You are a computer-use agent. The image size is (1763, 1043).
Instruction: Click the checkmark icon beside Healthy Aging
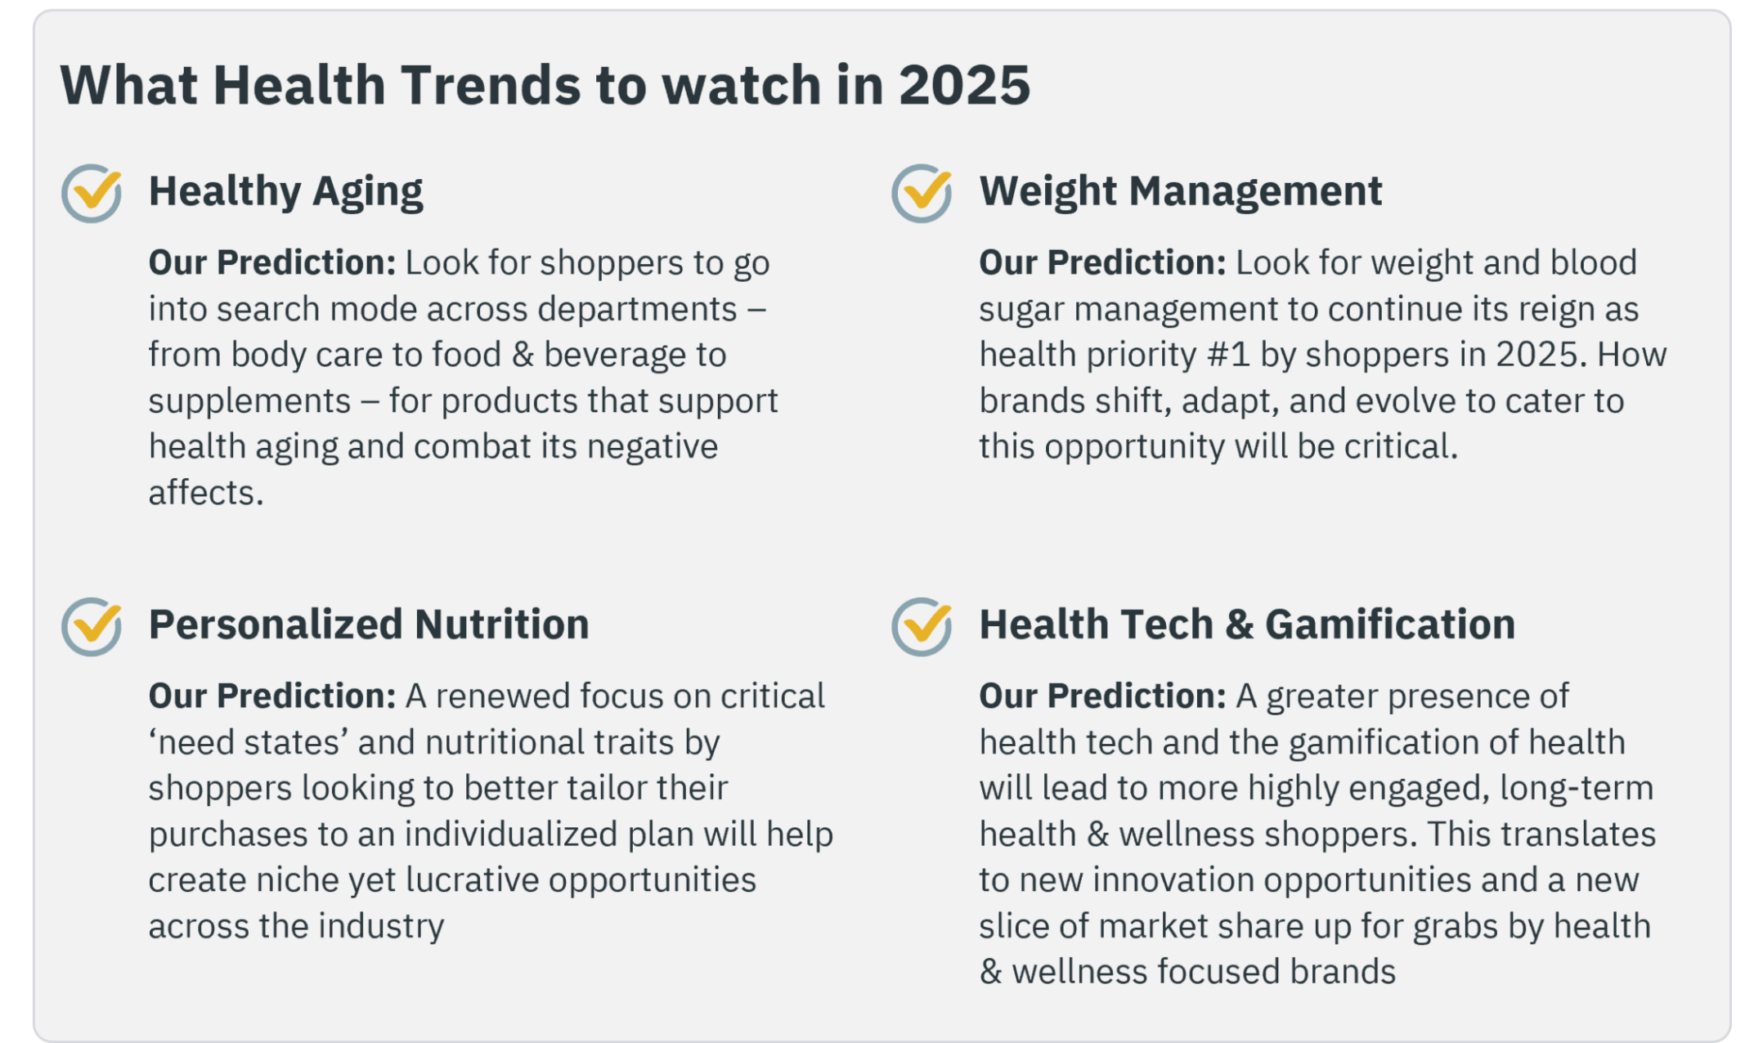pyautogui.click(x=92, y=193)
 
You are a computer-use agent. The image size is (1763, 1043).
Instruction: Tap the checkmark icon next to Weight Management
pyautogui.click(x=922, y=193)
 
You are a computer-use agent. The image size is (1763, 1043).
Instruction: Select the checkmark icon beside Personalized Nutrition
pyautogui.click(x=92, y=626)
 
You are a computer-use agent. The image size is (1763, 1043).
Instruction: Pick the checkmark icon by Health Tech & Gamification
pyautogui.click(x=922, y=626)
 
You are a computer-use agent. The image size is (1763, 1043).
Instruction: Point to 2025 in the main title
pyautogui.click(x=964, y=85)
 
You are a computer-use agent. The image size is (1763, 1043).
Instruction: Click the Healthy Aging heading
pyautogui.click(x=285, y=193)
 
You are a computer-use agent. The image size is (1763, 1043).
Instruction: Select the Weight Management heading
pyautogui.click(x=1181, y=192)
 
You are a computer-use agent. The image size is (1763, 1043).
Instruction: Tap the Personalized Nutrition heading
pyautogui.click(x=369, y=624)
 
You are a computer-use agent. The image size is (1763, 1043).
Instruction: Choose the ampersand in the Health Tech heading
pyautogui.click(x=1239, y=625)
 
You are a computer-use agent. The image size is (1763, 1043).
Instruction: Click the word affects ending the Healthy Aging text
pyautogui.click(x=206, y=493)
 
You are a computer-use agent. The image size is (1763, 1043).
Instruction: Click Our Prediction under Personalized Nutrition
pyautogui.click(x=272, y=696)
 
